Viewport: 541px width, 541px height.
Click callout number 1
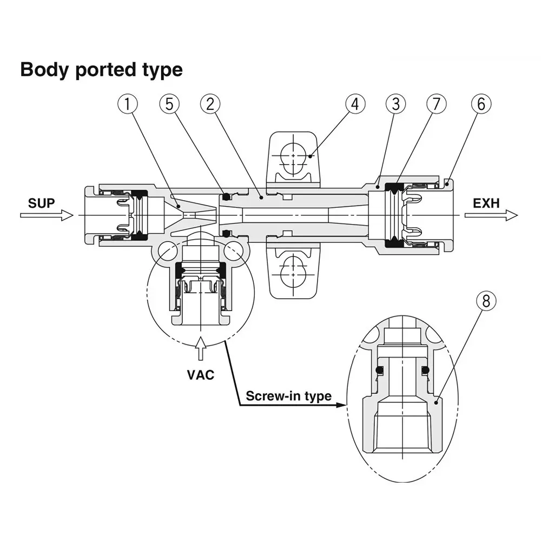127,104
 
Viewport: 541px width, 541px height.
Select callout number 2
210,104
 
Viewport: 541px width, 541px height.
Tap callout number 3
396,104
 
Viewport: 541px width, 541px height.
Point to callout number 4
355,104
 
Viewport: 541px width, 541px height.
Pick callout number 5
169,104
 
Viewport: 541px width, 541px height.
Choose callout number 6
481,104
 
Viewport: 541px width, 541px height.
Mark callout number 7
437,104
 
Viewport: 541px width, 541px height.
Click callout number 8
486,301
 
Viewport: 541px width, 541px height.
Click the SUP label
42,203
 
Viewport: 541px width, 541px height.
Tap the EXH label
486,203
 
